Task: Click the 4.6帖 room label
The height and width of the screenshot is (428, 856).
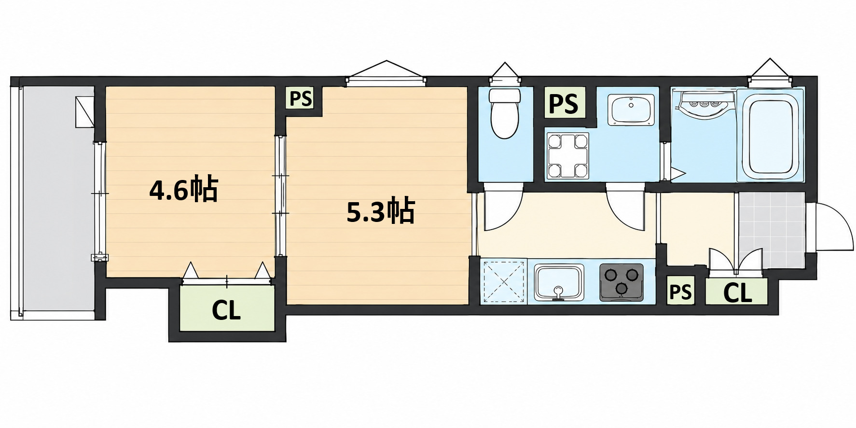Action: coord(184,190)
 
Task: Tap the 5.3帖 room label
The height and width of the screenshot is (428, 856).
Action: coord(381,211)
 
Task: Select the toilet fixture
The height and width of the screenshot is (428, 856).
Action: coord(504,112)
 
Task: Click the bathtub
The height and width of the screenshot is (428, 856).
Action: coord(770,138)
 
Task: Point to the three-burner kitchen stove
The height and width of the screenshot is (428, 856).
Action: coord(621,282)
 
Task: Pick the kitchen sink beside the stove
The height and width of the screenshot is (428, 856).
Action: coord(559,282)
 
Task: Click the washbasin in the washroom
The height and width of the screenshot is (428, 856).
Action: coord(631,110)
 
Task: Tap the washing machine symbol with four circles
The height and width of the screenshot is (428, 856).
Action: coord(567,155)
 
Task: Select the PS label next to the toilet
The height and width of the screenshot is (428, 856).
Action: coord(564,103)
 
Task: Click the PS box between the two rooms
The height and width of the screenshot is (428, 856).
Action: coord(301,99)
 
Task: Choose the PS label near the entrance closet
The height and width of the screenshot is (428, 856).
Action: coord(680,292)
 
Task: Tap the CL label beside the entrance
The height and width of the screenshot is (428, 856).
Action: coord(737,292)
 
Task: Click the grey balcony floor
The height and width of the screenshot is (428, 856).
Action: coord(58,198)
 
